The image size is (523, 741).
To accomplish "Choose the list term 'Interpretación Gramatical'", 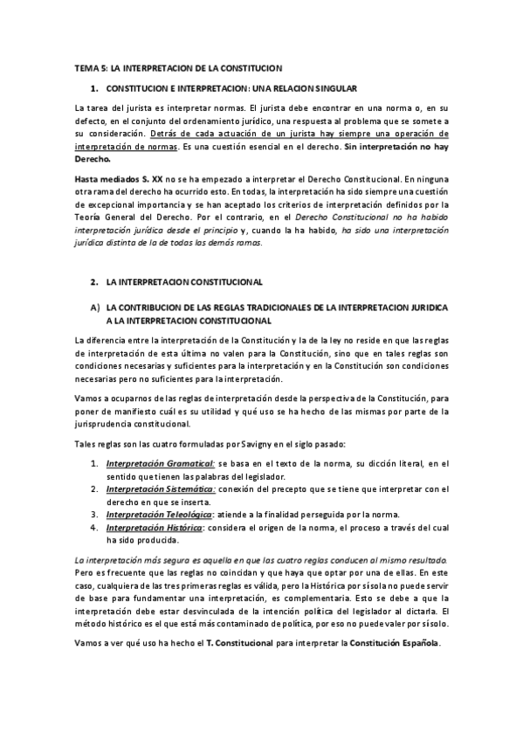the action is pyautogui.click(x=160, y=462).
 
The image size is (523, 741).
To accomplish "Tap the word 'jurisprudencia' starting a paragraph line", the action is pyautogui.click(x=107, y=424).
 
